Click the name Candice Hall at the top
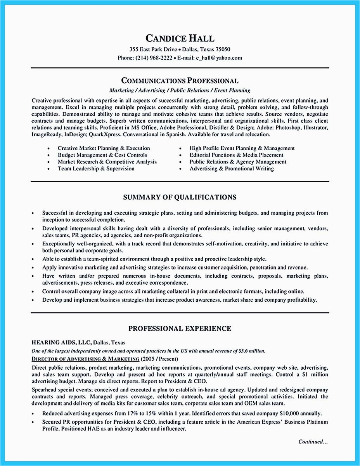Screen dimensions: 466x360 [x=180, y=38]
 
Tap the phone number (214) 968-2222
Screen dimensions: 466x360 [x=153, y=58]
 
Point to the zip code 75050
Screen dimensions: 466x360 [x=222, y=49]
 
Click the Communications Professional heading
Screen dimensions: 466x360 [x=180, y=81]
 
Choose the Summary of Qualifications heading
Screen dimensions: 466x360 [x=180, y=197]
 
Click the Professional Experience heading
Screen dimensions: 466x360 [x=180, y=329]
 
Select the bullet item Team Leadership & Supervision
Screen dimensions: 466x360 [x=96, y=169]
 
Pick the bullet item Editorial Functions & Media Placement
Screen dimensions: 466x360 [x=236, y=155]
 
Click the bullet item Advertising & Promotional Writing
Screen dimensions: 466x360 [x=232, y=169]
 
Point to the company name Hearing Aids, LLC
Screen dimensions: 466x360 [x=61, y=343]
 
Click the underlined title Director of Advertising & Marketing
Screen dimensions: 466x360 [x=85, y=358]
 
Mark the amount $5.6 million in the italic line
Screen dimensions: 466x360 [x=251, y=351]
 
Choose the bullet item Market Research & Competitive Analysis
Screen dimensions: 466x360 [x=107, y=162]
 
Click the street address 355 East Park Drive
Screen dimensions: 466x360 [x=153, y=49]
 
